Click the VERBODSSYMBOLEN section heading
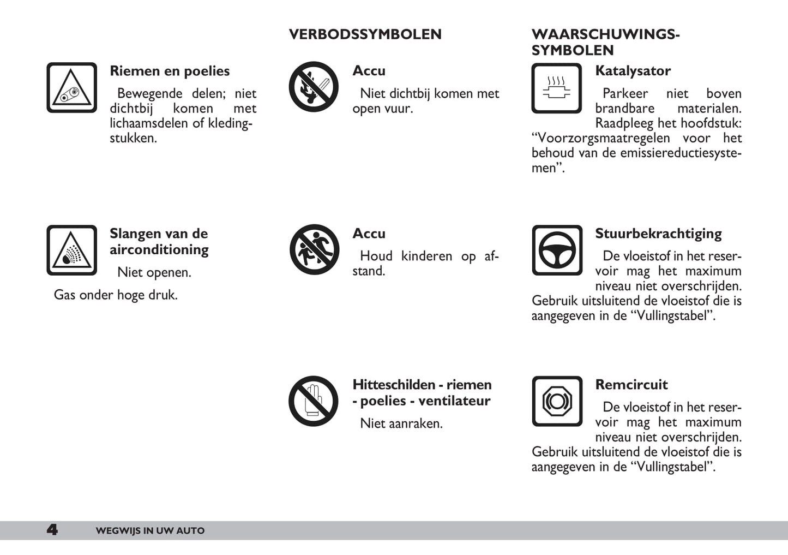pyautogui.click(x=365, y=34)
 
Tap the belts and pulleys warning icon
pyautogui.click(x=71, y=88)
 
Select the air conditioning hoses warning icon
pyautogui.click(x=71, y=250)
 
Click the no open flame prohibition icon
pyautogui.click(x=314, y=87)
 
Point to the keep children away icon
pyautogui.click(x=314, y=250)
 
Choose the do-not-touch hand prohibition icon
pyautogui.click(x=314, y=401)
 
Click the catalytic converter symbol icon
pyautogui.click(x=557, y=88)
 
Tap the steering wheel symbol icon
pyautogui.click(x=557, y=250)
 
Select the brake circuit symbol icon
pyautogui.click(x=557, y=401)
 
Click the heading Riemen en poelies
pyautogui.click(x=170, y=71)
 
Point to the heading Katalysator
pyautogui.click(x=633, y=71)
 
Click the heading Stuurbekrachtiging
pyautogui.click(x=658, y=234)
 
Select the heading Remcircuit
pyautogui.click(x=631, y=385)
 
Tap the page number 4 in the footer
pyautogui.click(x=52, y=530)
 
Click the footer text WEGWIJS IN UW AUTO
pyautogui.click(x=150, y=531)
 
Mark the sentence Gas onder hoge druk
pyautogui.click(x=116, y=295)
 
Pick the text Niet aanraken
pyautogui.click(x=401, y=423)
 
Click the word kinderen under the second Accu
pyautogui.click(x=426, y=256)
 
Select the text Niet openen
pyautogui.click(x=154, y=272)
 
